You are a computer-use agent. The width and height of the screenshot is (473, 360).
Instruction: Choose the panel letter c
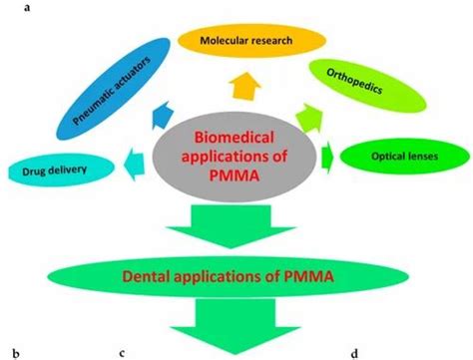pyautogui.click(x=121, y=351)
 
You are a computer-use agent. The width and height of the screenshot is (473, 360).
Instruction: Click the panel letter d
pyautogui.click(x=355, y=351)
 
